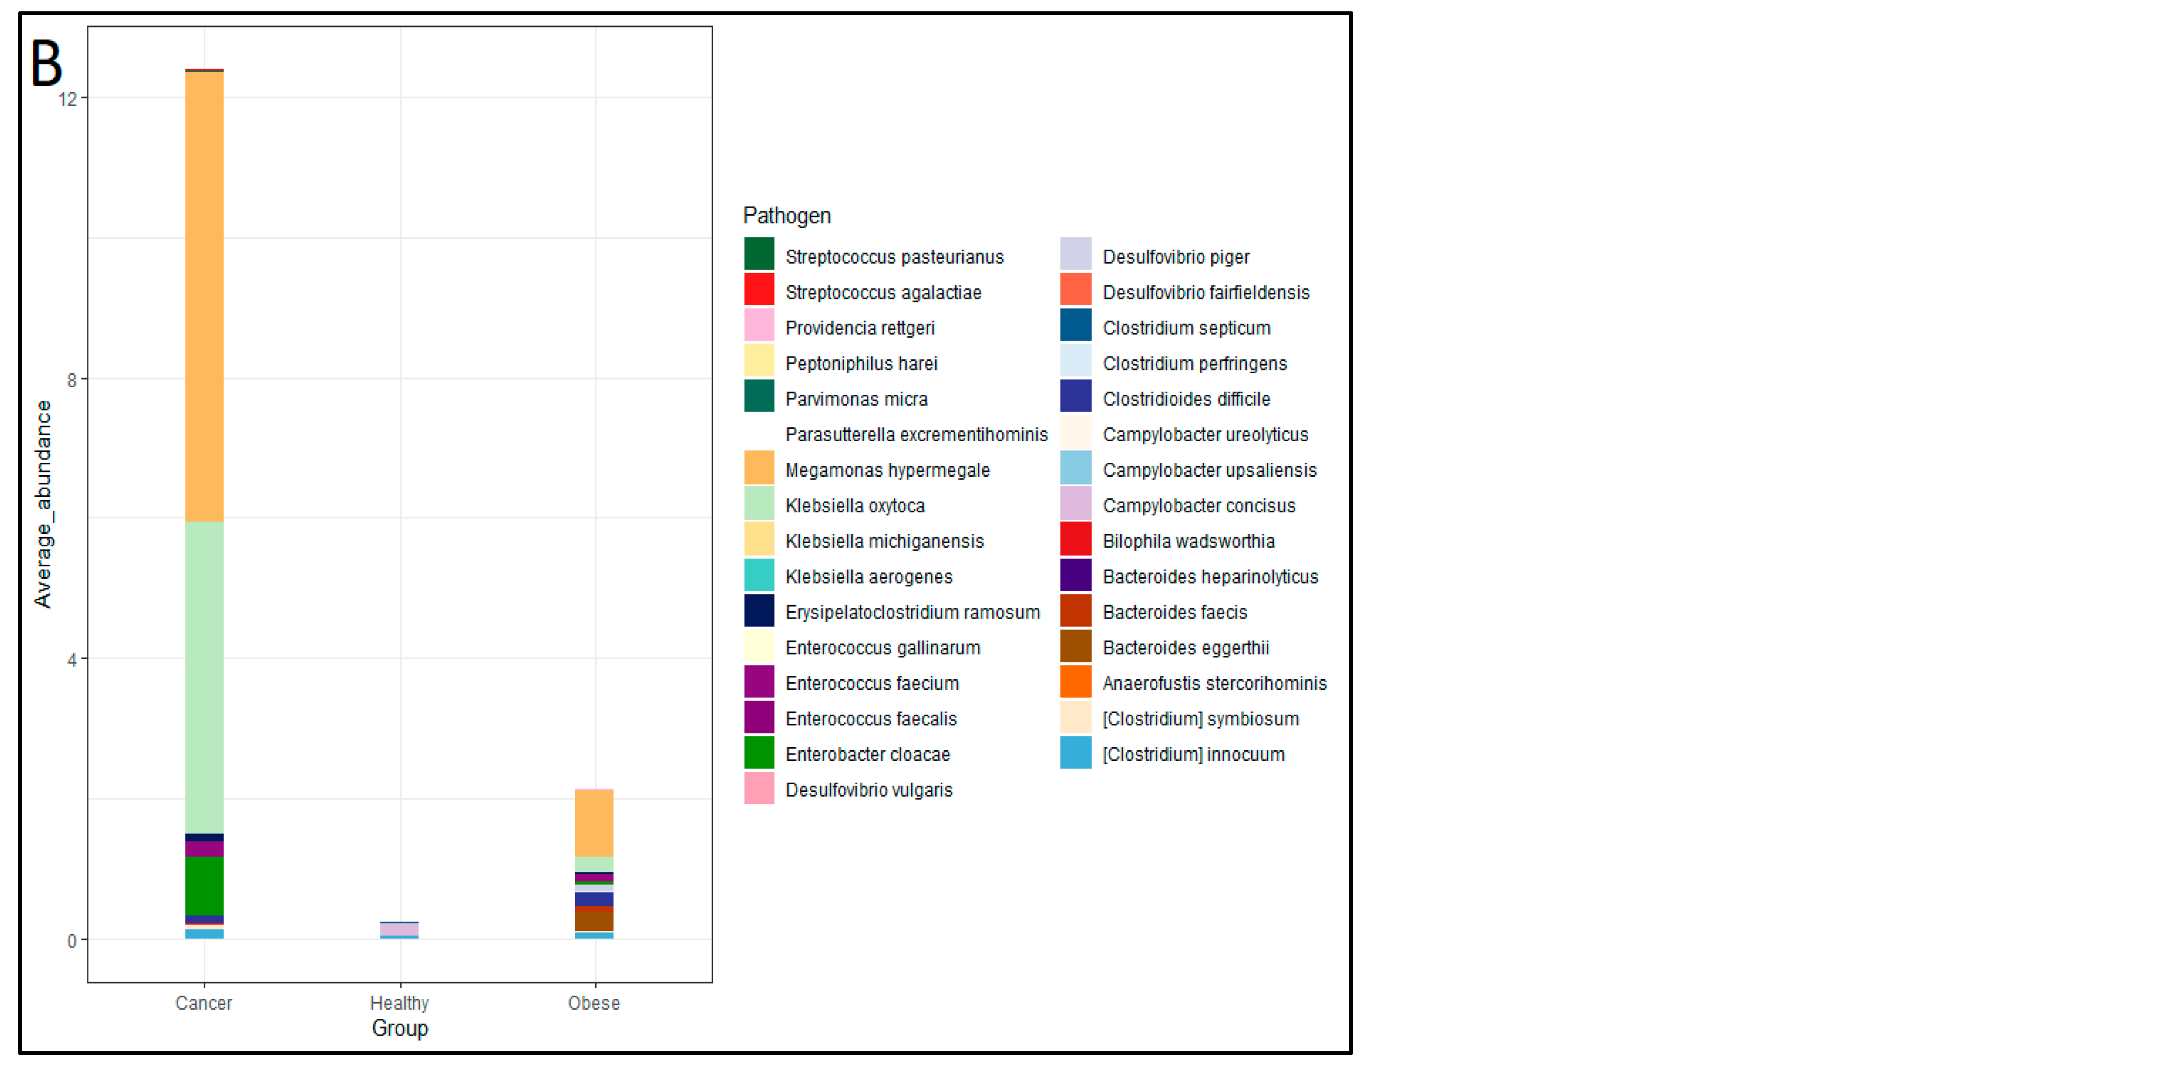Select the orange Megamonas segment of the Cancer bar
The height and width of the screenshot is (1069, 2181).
[204, 297]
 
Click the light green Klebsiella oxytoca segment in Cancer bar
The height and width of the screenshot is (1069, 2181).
[204, 677]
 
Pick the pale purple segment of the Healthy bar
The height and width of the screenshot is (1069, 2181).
[399, 929]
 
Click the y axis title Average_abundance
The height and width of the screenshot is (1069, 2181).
[43, 504]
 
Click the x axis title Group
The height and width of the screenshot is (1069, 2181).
[399, 1029]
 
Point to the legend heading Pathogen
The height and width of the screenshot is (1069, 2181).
[786, 216]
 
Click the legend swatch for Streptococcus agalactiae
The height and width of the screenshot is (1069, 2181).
[758, 290]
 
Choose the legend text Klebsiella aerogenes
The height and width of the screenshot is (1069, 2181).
[868, 577]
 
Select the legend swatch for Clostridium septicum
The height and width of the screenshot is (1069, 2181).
[1075, 325]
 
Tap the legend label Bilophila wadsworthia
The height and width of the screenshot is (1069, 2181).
[1188, 542]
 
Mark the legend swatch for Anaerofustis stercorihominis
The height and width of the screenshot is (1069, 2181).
[1075, 681]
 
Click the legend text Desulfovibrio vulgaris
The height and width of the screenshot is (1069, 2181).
[868, 790]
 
